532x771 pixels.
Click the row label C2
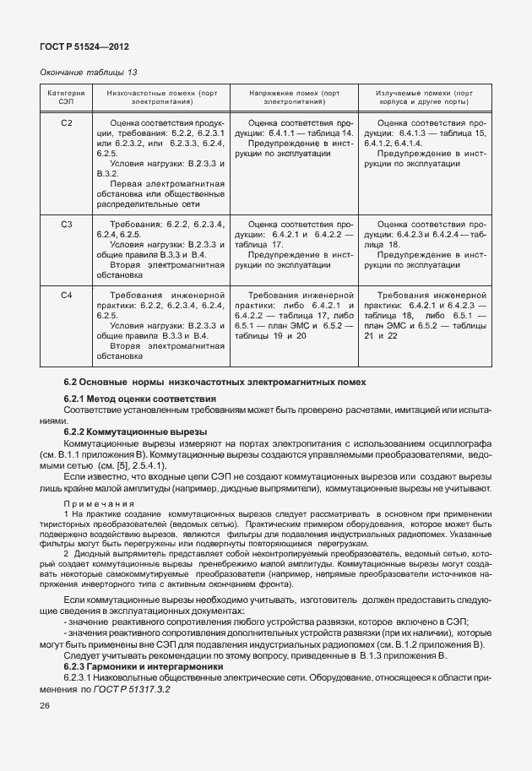(67, 124)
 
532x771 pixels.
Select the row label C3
(67, 224)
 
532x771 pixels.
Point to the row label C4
(67, 294)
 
